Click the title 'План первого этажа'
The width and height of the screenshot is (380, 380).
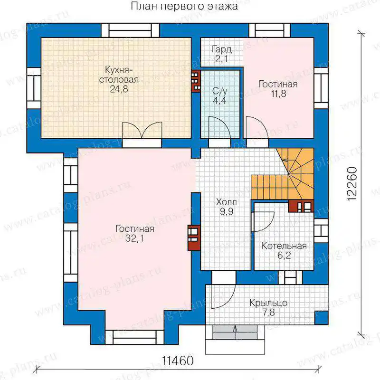pyautogui.click(x=184, y=7)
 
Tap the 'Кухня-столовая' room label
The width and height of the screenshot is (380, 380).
pyautogui.click(x=119, y=75)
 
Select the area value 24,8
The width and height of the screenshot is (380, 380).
pyautogui.click(x=119, y=89)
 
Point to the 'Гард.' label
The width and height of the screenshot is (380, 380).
pyautogui.click(x=223, y=49)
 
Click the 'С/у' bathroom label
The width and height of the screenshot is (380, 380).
pyautogui.click(x=219, y=91)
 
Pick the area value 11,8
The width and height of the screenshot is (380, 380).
pyautogui.click(x=278, y=94)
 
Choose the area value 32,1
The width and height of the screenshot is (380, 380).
pyautogui.click(x=134, y=238)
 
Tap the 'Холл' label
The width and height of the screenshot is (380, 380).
pyautogui.click(x=227, y=202)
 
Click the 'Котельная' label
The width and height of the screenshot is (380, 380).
pyautogui.click(x=284, y=246)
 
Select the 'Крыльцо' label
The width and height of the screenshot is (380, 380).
pyautogui.click(x=268, y=303)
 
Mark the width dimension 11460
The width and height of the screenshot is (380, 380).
pyautogui.click(x=178, y=361)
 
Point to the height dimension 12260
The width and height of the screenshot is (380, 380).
pyautogui.click(x=352, y=184)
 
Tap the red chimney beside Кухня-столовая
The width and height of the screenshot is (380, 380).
pyautogui.click(x=196, y=81)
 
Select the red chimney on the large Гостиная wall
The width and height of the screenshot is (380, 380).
pyautogui.click(x=194, y=238)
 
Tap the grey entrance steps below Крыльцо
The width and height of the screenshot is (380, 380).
pyautogui.click(x=235, y=332)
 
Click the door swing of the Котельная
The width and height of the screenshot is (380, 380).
pyautogui.click(x=263, y=222)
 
